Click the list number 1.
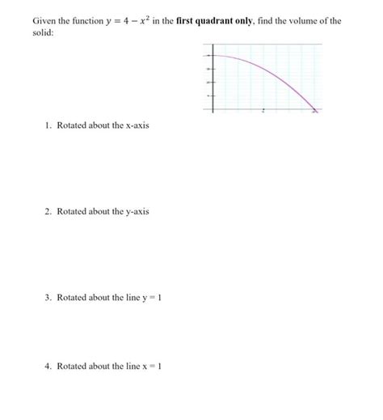click(x=48, y=125)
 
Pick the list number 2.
click(x=48, y=211)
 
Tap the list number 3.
click(x=48, y=298)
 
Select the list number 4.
click(x=48, y=366)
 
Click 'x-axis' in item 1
click(x=137, y=125)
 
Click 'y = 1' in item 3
click(x=154, y=298)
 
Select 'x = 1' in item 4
click(x=154, y=366)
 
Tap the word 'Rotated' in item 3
click(x=71, y=298)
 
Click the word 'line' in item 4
click(x=131, y=366)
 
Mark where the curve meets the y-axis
click(x=213, y=55)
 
